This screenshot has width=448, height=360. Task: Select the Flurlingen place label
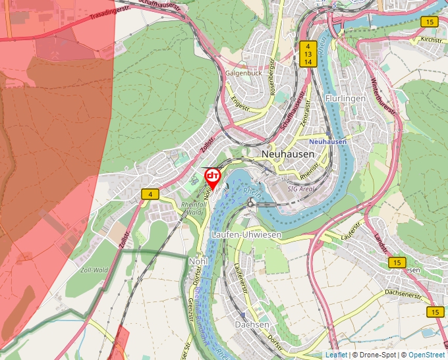click(x=345, y=99)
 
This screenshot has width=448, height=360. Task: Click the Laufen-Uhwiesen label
click(x=246, y=235)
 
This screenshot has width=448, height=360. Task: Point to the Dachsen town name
click(x=252, y=324)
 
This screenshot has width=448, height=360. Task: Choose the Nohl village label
click(x=198, y=261)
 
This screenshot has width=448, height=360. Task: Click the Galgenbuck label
click(x=244, y=73)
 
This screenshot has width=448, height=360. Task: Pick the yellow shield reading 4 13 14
click(x=308, y=54)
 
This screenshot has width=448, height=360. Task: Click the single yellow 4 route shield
click(x=150, y=194)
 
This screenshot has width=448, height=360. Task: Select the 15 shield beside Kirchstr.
click(x=430, y=22)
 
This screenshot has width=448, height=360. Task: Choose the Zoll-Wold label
click(x=93, y=270)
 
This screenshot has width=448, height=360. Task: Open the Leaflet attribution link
click(x=336, y=355)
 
